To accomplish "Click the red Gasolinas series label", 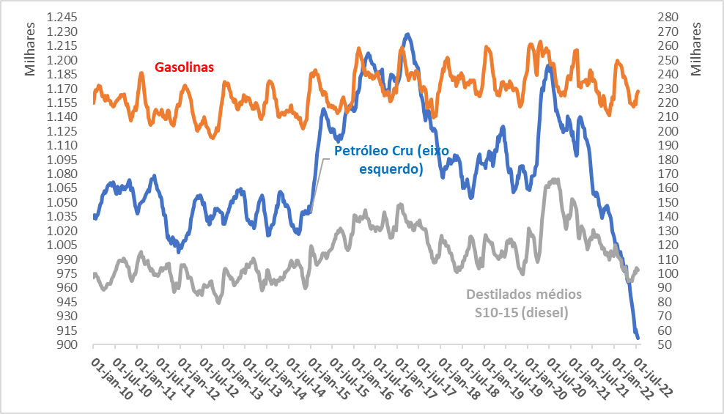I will point(184,67).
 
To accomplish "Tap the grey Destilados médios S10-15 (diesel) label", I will point(524,303).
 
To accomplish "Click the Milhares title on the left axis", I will point(30,49).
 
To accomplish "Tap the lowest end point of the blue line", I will point(638,338).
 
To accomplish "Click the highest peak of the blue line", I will point(407,34).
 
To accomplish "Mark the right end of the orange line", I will point(638,92).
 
